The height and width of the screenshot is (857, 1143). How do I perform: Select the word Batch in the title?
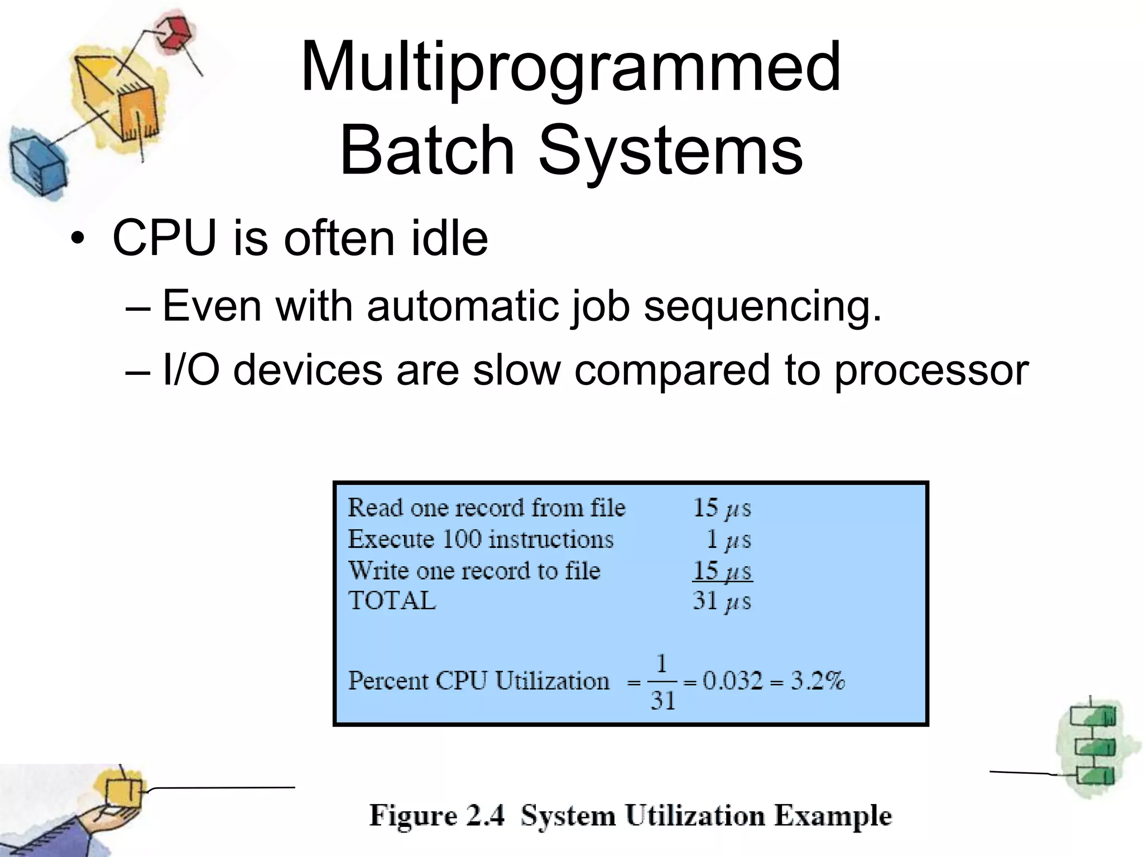pyautogui.click(x=427, y=150)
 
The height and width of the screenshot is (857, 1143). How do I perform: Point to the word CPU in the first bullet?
pyautogui.click(x=165, y=238)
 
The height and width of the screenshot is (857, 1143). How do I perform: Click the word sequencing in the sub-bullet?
pyautogui.click(x=762, y=307)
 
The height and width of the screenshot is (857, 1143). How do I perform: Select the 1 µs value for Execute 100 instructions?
pyautogui.click(x=728, y=540)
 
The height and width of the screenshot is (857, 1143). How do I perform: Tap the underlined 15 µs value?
pyautogui.click(x=722, y=571)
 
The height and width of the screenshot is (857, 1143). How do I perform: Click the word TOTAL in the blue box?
pyautogui.click(x=392, y=601)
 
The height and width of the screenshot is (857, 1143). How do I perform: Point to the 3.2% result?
pyautogui.click(x=818, y=681)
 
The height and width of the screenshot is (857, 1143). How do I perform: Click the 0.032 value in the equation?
pyautogui.click(x=732, y=681)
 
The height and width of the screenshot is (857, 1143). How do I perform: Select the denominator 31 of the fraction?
pyautogui.click(x=662, y=701)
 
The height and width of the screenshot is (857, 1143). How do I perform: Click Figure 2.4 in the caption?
pyautogui.click(x=437, y=816)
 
